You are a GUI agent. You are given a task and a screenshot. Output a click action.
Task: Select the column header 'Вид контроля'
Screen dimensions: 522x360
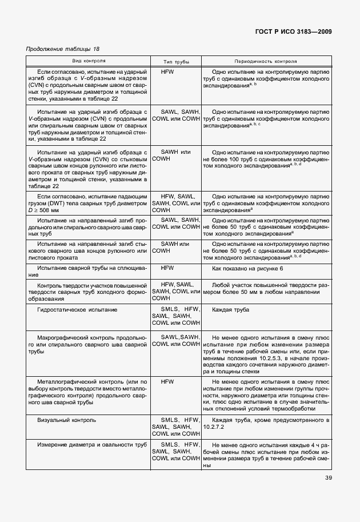click(x=89, y=61)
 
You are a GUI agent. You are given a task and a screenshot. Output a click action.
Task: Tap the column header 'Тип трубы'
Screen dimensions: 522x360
click(x=176, y=61)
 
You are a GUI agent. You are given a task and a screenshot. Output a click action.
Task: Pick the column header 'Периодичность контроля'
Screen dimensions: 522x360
click(x=265, y=61)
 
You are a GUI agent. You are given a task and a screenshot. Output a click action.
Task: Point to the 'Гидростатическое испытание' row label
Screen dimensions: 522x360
click(x=77, y=309)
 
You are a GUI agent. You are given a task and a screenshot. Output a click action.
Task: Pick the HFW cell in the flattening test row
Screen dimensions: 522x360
click(x=167, y=268)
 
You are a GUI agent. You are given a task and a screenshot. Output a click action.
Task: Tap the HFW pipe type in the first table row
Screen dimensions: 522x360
click(x=167, y=73)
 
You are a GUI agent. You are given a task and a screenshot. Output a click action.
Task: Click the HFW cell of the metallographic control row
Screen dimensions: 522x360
click(x=167, y=380)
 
